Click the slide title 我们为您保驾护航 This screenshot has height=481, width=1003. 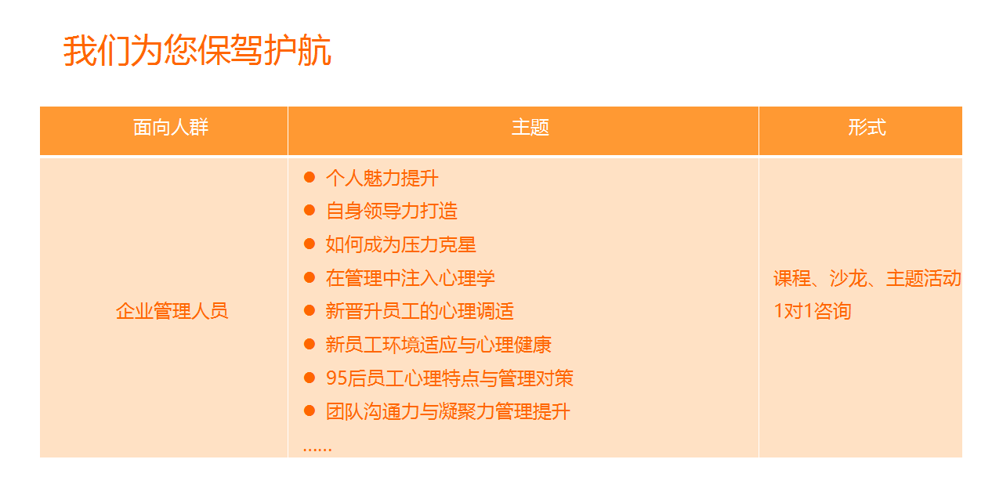[197, 50]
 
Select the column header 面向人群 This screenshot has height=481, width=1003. [171, 128]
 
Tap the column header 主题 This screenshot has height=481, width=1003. [530, 128]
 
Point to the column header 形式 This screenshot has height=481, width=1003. [867, 128]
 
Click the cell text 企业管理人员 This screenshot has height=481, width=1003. [172, 311]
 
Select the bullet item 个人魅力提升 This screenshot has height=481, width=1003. [382, 178]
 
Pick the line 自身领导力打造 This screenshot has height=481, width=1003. [391, 211]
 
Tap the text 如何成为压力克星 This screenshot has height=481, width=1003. [400, 244]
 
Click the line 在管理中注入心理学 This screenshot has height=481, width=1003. [410, 277]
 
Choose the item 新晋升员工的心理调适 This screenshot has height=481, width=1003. [419, 311]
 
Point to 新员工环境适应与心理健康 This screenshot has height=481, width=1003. [438, 345]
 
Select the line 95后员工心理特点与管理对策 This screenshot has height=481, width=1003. [450, 378]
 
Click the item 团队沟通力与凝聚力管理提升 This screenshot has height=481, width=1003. [447, 411]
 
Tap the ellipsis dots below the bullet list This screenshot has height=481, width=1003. [317, 449]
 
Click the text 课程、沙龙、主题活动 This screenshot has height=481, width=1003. [867, 278]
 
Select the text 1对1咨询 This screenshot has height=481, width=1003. [813, 311]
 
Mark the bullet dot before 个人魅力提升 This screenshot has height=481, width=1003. [309, 177]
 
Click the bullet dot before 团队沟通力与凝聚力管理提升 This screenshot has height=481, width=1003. [309, 410]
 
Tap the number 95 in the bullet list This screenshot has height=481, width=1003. [337, 378]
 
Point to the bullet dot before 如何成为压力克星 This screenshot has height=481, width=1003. [309, 244]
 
